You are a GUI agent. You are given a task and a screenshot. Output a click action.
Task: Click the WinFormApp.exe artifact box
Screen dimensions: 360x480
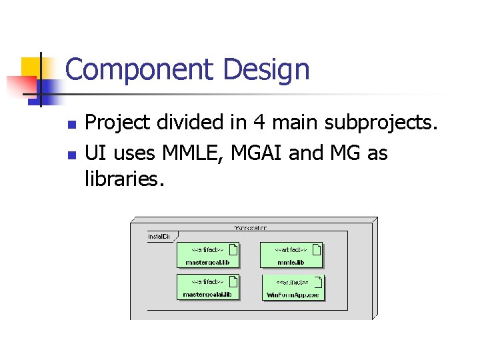pos(293,287)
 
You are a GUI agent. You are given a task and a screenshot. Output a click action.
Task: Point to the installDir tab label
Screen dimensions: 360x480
pos(159,236)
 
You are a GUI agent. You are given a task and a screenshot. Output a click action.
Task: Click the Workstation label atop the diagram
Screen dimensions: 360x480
pos(251,227)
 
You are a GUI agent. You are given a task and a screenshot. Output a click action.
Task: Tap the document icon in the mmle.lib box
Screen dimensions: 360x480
pos(317,250)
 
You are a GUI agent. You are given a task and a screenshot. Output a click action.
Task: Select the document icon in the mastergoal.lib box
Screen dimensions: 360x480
pos(233,250)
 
